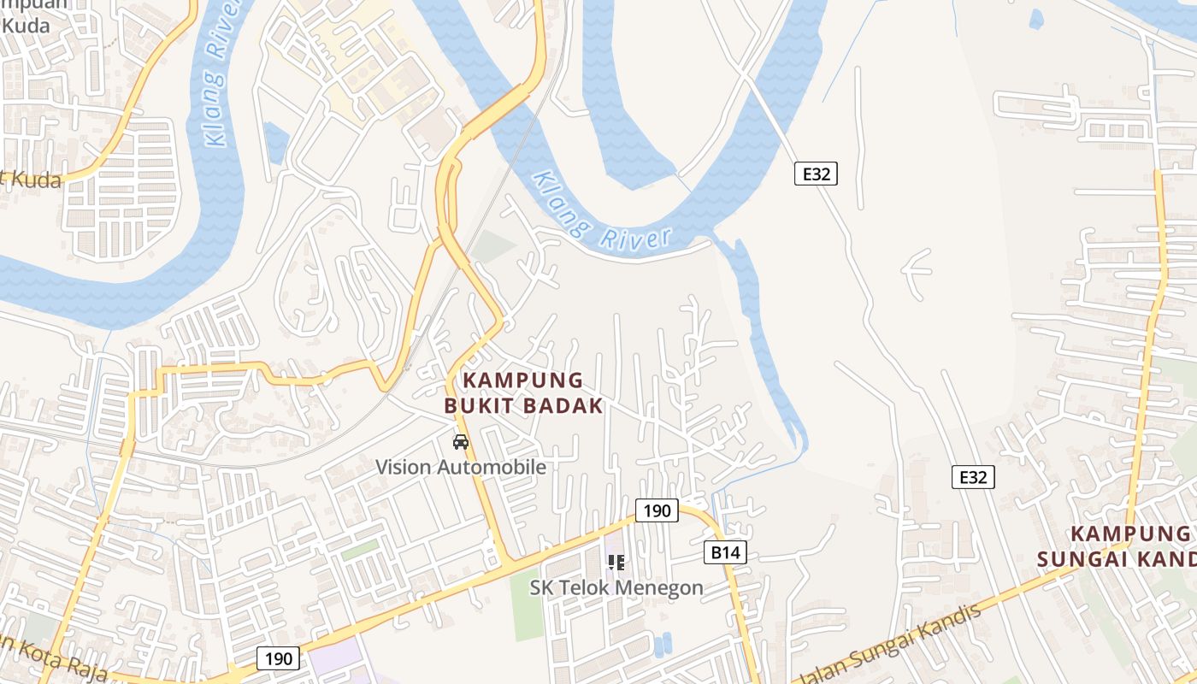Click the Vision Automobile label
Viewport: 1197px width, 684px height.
point(461,468)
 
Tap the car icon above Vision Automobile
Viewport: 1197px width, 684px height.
point(461,442)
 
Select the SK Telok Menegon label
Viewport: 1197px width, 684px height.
point(616,588)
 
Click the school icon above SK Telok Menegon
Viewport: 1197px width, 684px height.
point(616,563)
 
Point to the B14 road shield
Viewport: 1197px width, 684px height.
point(725,552)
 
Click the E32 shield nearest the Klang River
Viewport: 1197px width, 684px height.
point(816,174)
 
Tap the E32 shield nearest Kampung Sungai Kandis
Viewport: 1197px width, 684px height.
point(973,477)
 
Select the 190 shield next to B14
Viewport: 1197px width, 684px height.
point(657,510)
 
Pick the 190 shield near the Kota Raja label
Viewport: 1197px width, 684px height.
point(278,658)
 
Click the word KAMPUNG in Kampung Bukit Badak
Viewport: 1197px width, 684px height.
point(523,380)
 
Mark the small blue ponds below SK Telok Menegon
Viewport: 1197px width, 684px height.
point(662,645)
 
